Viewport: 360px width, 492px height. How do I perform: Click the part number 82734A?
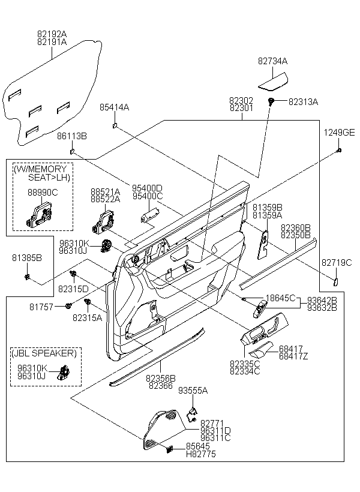point(273,61)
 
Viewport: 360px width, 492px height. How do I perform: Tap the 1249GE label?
point(340,133)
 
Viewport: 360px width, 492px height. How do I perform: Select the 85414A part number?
point(114,107)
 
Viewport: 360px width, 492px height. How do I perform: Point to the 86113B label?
point(72,137)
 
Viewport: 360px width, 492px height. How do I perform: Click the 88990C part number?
point(43,193)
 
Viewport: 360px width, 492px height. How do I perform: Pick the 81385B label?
point(27,258)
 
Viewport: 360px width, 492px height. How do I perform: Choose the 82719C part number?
point(337,262)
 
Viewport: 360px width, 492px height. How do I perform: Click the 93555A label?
point(193,390)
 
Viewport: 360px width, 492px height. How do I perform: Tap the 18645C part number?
point(281,298)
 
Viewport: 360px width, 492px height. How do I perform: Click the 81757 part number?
point(41,307)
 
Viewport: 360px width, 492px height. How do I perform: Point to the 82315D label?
point(73,289)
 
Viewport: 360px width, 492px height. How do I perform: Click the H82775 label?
point(201,454)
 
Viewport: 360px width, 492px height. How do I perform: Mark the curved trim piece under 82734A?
point(273,79)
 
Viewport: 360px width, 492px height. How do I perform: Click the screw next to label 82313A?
point(272,101)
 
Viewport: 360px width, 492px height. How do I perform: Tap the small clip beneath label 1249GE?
point(340,149)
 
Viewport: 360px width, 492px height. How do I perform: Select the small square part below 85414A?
point(114,125)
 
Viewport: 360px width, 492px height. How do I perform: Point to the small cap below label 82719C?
point(336,280)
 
